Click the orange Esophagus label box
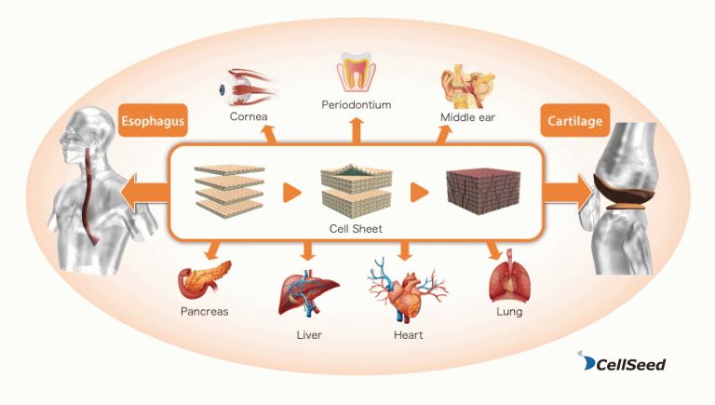(x=153, y=120)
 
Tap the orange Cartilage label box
(x=575, y=120)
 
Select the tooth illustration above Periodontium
(x=357, y=72)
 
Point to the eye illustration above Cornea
(x=249, y=88)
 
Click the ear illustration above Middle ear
(x=468, y=86)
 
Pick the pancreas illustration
(x=204, y=279)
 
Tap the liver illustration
(x=308, y=293)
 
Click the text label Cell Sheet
(x=356, y=228)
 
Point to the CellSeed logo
(x=622, y=361)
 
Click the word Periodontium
(x=357, y=105)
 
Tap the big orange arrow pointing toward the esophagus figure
(x=144, y=192)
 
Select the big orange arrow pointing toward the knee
(x=567, y=192)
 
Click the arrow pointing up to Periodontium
(x=357, y=131)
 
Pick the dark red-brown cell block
(x=483, y=192)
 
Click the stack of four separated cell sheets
(x=229, y=192)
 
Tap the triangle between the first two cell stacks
(x=291, y=192)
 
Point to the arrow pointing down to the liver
(x=308, y=250)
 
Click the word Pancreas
(x=204, y=312)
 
